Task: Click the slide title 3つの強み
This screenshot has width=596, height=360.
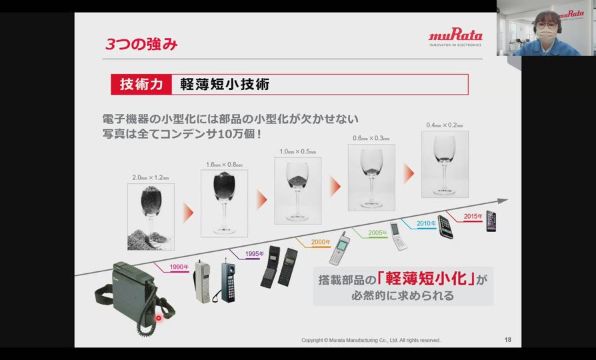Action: click(141, 44)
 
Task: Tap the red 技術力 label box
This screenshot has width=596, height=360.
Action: click(141, 85)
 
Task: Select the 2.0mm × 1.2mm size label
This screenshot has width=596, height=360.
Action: click(151, 177)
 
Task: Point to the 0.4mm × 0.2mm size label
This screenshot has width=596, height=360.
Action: click(445, 125)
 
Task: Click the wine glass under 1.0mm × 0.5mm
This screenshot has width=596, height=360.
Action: click(297, 191)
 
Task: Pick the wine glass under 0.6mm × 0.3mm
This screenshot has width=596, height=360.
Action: click(371, 177)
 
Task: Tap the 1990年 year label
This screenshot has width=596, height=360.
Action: click(179, 267)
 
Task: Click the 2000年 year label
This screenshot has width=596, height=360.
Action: click(321, 242)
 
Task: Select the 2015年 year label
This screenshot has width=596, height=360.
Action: click(473, 216)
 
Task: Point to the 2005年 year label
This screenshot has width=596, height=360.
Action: click(377, 233)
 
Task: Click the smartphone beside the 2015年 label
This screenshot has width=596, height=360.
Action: click(491, 221)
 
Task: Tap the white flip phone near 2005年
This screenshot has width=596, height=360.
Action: click(399, 236)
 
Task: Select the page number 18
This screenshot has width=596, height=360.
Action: click(508, 340)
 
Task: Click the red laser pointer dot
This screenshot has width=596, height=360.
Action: click(159, 318)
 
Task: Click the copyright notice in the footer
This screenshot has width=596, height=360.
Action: click(371, 340)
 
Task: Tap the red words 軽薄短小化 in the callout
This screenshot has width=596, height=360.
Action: click(426, 279)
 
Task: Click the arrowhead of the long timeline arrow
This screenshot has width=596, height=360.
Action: click(503, 201)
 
